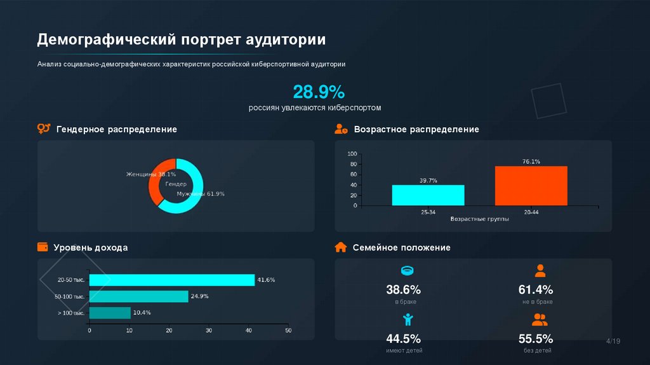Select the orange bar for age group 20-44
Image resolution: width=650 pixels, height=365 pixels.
[531, 186]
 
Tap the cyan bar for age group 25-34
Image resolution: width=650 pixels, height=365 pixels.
[428, 195]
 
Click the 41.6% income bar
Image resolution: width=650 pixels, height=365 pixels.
[171, 280]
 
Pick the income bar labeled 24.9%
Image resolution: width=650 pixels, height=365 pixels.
[138, 296]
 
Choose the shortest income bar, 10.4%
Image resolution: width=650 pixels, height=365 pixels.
[110, 313]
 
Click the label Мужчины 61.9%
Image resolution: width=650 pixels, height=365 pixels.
[201, 193]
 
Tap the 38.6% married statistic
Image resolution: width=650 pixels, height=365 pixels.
[403, 290]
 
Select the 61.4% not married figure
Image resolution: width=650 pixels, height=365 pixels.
[536, 290]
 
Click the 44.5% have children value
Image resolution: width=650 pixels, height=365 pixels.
[403, 338]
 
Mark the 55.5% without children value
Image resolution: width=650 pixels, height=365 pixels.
[536, 338]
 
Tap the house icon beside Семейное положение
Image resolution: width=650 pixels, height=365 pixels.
[341, 247]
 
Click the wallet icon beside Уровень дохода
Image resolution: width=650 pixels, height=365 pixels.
[43, 247]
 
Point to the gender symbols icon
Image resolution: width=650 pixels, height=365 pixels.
[43, 129]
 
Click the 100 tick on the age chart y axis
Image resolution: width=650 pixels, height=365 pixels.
[353, 154]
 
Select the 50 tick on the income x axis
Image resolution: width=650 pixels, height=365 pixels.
[288, 331]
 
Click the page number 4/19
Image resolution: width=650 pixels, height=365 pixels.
[613, 341]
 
